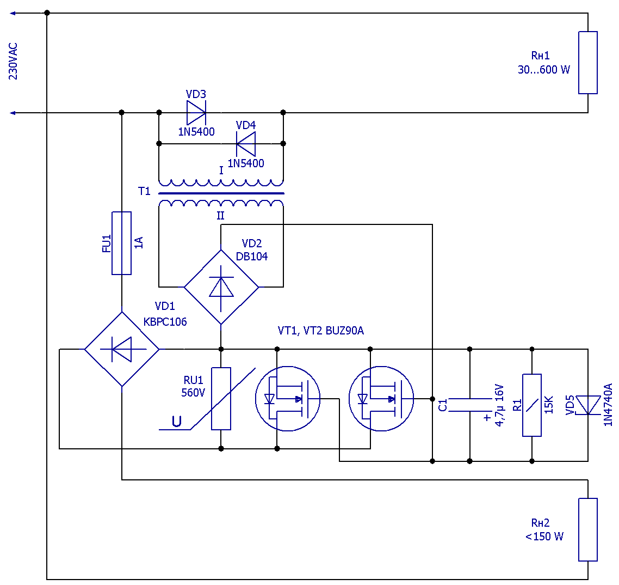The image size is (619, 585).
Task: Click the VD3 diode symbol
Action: click(x=196, y=113)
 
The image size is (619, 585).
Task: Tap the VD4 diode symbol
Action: click(x=245, y=144)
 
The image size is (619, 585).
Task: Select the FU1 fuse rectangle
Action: click(x=122, y=243)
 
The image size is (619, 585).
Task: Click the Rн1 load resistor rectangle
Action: click(x=588, y=63)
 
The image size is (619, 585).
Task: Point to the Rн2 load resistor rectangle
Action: click(x=588, y=529)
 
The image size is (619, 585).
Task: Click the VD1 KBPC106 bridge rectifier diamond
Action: click(x=122, y=349)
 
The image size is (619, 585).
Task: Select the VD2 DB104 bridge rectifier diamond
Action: click(x=221, y=287)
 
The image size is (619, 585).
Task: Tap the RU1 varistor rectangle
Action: click(x=221, y=398)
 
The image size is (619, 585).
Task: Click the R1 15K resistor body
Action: click(x=532, y=405)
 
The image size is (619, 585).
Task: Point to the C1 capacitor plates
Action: click(x=470, y=405)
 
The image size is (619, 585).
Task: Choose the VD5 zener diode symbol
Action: click(x=588, y=405)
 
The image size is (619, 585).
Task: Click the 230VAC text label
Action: click(x=13, y=61)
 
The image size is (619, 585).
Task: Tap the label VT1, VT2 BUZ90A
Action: click(x=320, y=331)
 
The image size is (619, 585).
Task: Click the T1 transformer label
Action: click(x=144, y=191)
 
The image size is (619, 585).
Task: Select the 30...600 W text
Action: click(x=543, y=70)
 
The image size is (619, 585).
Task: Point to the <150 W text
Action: click(x=544, y=537)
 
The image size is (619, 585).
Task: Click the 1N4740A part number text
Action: click(x=608, y=405)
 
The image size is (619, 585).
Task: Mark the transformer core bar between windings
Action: click(x=221, y=193)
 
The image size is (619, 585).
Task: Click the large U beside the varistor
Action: click(x=176, y=422)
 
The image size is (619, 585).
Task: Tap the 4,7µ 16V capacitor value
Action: click(x=499, y=405)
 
